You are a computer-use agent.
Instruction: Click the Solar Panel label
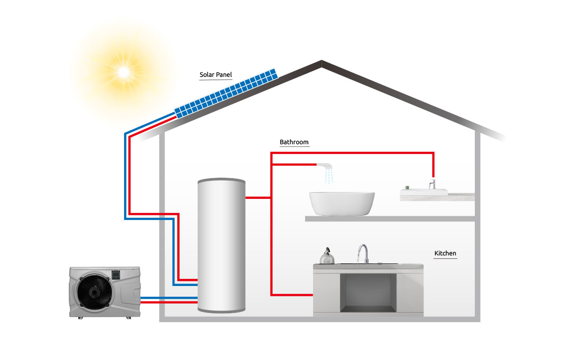coord(215,75)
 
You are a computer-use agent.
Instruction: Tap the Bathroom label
coord(294,142)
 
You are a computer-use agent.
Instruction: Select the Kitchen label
coord(445,254)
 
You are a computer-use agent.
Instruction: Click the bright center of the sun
coord(124,72)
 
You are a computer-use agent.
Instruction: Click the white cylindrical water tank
coord(222,245)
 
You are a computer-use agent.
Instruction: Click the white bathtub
coord(342,203)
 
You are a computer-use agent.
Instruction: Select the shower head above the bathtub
coord(326,165)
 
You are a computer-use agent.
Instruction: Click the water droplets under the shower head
coord(329,177)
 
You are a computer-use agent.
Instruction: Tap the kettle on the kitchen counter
coord(327,256)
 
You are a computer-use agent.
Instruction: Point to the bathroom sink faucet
coord(432,184)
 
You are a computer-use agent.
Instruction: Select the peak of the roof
coord(322,62)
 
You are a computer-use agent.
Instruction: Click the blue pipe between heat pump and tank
coord(169,298)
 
